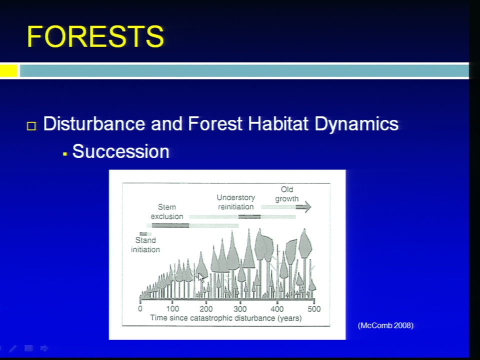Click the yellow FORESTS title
click(95, 36)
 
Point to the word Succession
click(120, 151)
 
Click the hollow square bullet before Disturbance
click(31, 126)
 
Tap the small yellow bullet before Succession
click(64, 154)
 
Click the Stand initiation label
click(145, 245)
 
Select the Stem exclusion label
click(167, 211)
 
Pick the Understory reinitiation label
click(235, 202)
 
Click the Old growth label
click(287, 194)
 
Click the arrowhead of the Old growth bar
click(307, 207)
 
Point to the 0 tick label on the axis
click(140, 308)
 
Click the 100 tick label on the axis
click(172, 308)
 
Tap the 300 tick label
click(240, 308)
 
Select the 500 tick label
click(314, 308)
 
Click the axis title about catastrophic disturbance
click(226, 318)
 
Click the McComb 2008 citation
click(385, 325)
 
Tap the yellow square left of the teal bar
click(8, 71)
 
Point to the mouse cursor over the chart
click(201, 278)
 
